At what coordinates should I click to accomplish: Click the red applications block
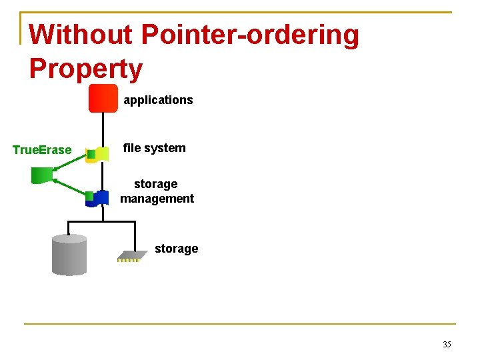pyautogui.click(x=103, y=99)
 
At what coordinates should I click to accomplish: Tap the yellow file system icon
pyautogui.click(x=101, y=154)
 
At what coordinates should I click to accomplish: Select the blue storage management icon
pyautogui.click(x=101, y=198)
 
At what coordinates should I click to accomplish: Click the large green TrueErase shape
pyautogui.click(x=42, y=175)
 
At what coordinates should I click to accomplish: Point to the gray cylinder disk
pyautogui.click(x=69, y=255)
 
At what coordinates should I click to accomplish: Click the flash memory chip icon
pyautogui.click(x=131, y=255)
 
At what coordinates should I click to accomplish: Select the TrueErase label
pyautogui.click(x=42, y=150)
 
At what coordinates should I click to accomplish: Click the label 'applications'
pyautogui.click(x=158, y=100)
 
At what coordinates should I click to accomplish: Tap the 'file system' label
pyautogui.click(x=155, y=148)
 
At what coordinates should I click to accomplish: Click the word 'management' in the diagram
pyautogui.click(x=157, y=198)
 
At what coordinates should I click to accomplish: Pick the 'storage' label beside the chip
pyautogui.click(x=176, y=249)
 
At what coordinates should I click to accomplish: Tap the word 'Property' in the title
pyautogui.click(x=86, y=69)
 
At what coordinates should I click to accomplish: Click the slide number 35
pyautogui.click(x=447, y=345)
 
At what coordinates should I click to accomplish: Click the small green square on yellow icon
pyautogui.click(x=91, y=154)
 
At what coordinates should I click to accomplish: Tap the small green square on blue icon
pyautogui.click(x=89, y=196)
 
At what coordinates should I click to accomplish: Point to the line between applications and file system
pyautogui.click(x=103, y=129)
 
